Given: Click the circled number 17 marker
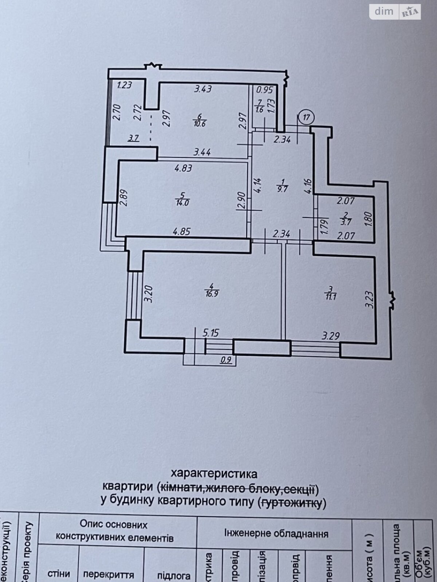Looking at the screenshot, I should point(306,117).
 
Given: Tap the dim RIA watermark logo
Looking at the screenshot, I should point(395,12).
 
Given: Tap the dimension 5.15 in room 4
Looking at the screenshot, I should point(210,333).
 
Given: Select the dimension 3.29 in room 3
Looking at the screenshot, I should point(330,335).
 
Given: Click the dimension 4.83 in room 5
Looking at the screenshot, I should point(183,168).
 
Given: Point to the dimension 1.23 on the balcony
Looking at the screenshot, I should point(124,86).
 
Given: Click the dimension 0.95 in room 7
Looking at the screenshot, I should point(264,89).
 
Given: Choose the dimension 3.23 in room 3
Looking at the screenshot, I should point(369,299).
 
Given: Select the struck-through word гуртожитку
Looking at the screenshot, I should point(291,503).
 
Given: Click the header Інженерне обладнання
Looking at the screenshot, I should point(276,534).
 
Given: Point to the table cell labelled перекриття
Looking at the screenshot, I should point(109,574).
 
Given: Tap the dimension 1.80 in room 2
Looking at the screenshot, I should point(368,219).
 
